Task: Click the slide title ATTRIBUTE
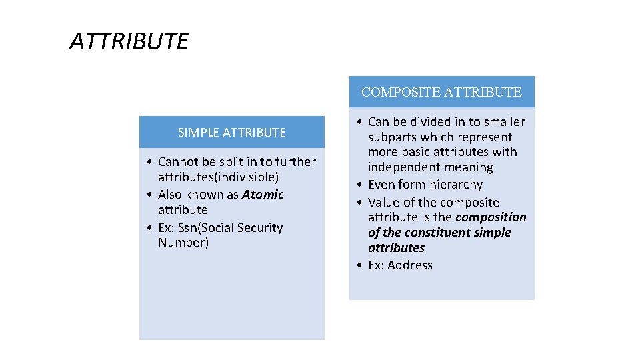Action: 129,42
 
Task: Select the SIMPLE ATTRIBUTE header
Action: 231,133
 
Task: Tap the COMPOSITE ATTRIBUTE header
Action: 441,92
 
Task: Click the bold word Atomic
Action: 263,195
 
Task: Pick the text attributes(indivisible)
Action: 218,177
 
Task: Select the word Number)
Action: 183,243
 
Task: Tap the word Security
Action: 260,228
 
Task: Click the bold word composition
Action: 491,217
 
